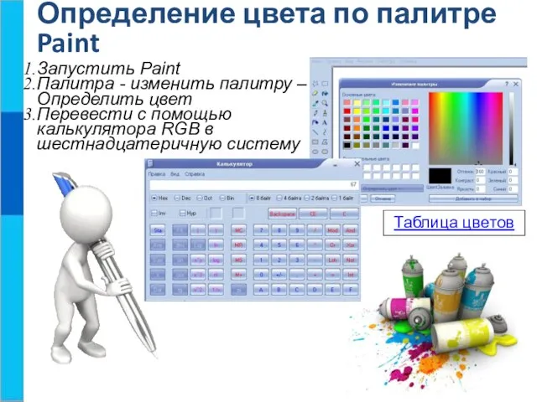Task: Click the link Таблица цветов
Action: [x=454, y=223]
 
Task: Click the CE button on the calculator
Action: [x=313, y=214]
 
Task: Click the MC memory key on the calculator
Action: [x=238, y=229]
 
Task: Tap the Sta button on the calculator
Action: [x=157, y=229]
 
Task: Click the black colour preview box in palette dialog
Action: [x=441, y=176]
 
